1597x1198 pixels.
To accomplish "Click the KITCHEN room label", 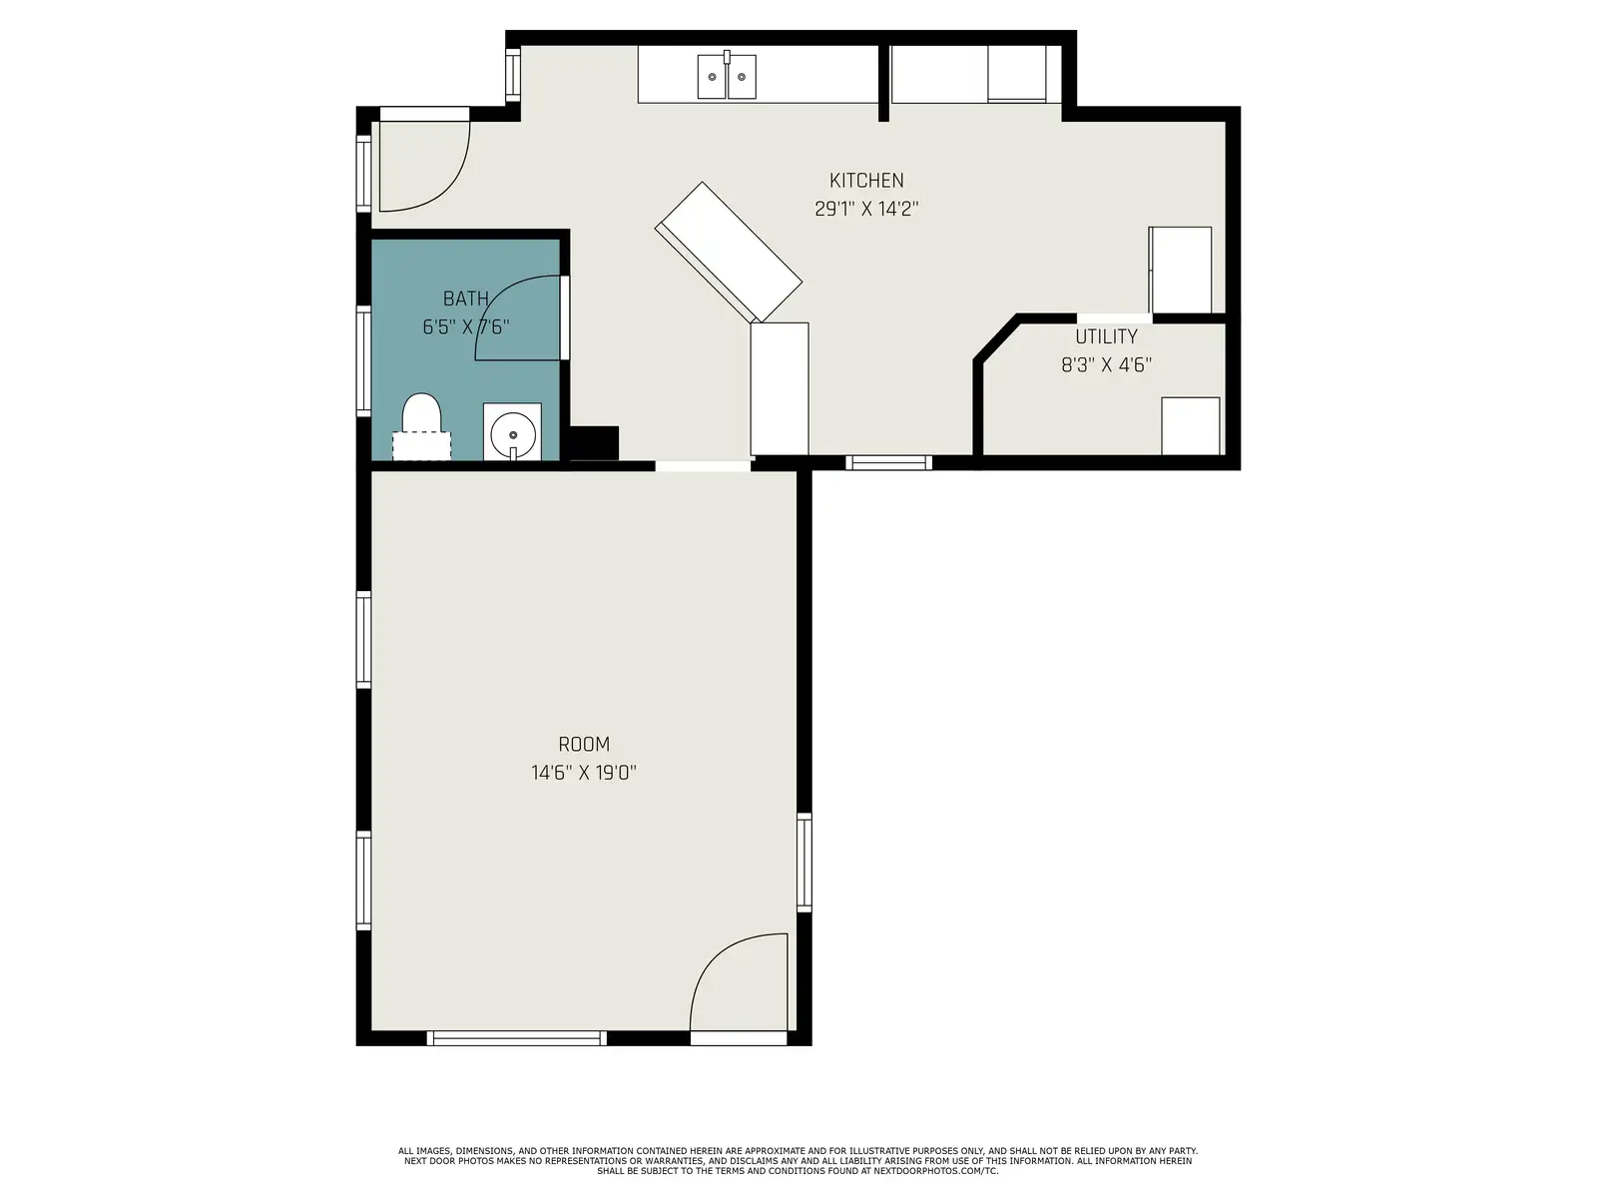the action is [x=865, y=181].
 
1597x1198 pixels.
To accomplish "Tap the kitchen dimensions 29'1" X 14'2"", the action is [x=865, y=209].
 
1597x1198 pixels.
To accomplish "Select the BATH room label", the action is [x=466, y=299].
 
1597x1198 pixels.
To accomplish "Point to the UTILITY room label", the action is [x=1106, y=336].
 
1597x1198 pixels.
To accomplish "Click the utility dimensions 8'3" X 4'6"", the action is [x=1106, y=364].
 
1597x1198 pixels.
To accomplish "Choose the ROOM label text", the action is [x=584, y=744].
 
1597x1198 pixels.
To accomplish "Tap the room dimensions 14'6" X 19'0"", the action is [x=584, y=773].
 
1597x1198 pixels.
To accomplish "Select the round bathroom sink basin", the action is [x=513, y=434].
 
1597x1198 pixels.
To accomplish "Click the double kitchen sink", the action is [x=726, y=77].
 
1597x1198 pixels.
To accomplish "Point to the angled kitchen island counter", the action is [x=729, y=252].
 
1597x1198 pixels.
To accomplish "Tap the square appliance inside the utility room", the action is [x=1191, y=426].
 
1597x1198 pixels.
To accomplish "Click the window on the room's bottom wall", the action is [x=517, y=1038].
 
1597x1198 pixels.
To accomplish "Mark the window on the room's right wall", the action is [x=803, y=862].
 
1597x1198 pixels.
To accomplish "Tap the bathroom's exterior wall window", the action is [x=363, y=360].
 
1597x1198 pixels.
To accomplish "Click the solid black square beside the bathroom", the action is [x=594, y=443].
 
